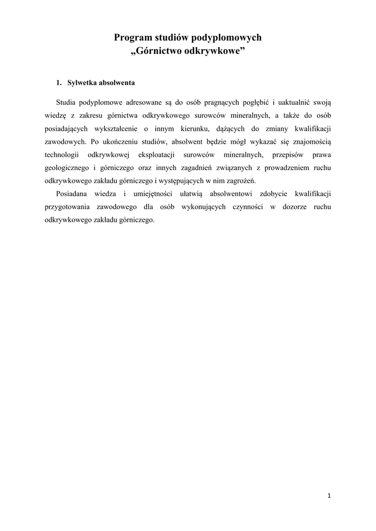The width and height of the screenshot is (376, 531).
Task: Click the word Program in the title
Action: (130, 38)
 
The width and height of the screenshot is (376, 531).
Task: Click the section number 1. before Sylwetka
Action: (59, 83)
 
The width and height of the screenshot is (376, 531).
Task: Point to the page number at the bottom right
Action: (329, 496)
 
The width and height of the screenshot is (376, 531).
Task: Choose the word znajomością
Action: (308, 141)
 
